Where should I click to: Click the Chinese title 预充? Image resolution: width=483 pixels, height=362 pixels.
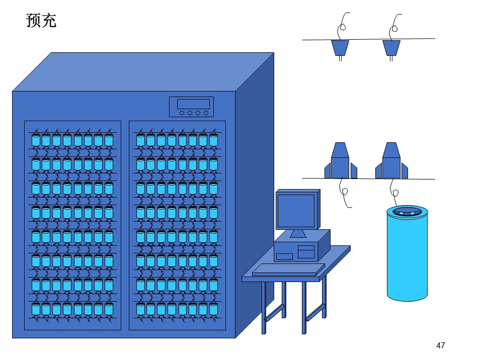(41, 21)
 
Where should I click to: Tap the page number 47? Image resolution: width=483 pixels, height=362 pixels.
(441, 345)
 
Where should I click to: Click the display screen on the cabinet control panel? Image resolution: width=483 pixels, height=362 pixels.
(193, 104)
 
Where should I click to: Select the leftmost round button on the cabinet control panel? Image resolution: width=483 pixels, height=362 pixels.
(182, 113)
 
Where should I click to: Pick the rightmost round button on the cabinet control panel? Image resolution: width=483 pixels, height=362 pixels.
(206, 113)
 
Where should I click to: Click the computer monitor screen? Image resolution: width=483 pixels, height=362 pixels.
(296, 211)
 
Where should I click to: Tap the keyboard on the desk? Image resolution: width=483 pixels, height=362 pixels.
(288, 269)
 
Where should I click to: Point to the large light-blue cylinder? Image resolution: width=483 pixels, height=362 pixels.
(407, 253)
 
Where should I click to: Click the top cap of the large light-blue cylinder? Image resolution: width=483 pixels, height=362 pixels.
(407, 212)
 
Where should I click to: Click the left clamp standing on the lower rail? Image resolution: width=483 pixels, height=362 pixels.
(341, 161)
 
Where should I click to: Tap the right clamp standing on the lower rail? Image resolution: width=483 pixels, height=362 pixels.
(391, 161)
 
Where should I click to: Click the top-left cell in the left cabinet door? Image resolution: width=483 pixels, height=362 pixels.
(36, 140)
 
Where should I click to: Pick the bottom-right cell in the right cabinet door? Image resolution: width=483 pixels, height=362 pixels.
(214, 309)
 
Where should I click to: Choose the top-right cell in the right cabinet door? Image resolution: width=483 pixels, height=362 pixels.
(214, 140)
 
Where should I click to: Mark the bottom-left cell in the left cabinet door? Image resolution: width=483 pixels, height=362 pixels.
(36, 309)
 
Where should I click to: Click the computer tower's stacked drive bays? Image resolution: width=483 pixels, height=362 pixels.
(306, 252)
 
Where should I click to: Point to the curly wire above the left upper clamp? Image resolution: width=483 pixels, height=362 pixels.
(343, 26)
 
